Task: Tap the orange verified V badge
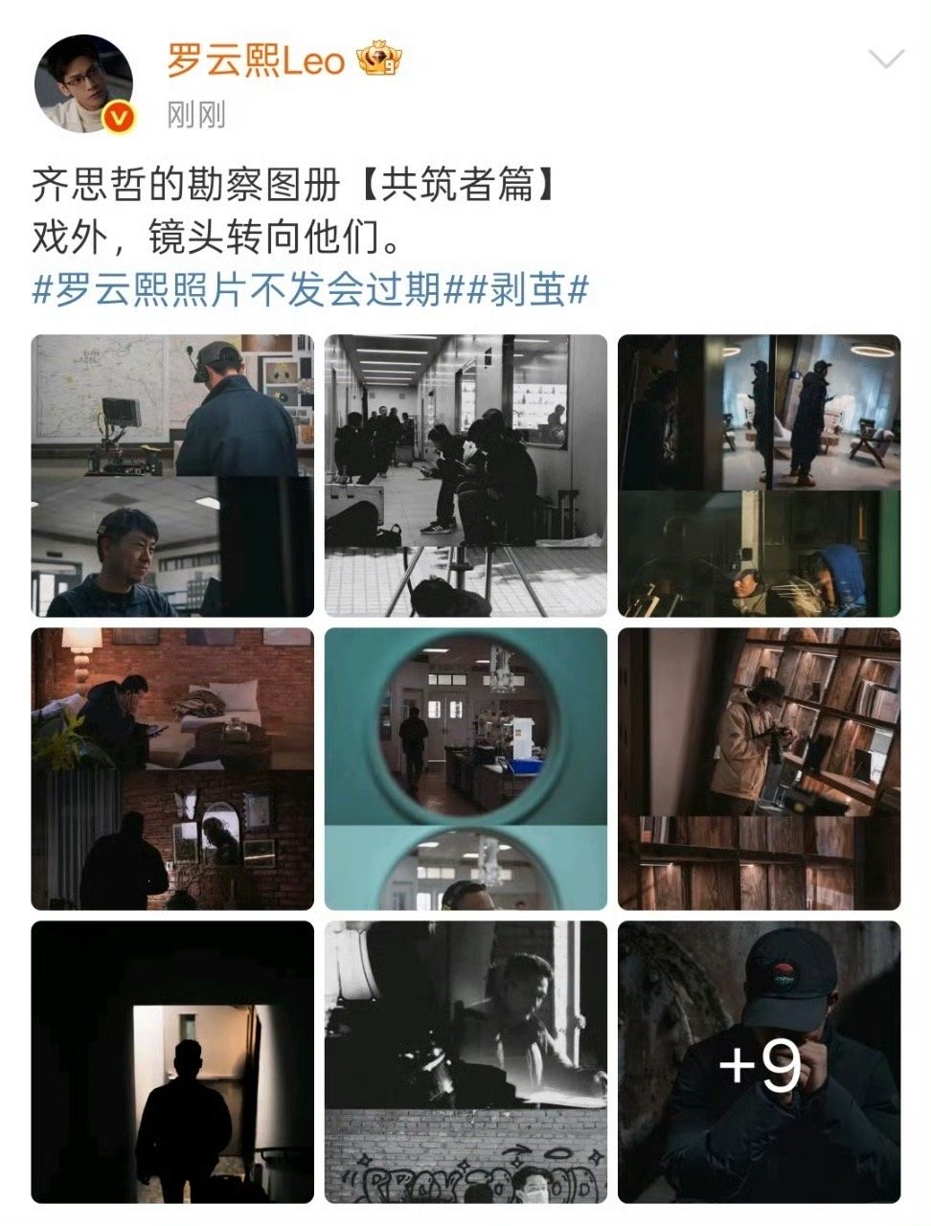[x=119, y=118]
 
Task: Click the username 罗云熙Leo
[x=256, y=62]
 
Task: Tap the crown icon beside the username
[x=379, y=62]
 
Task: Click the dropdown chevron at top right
[x=884, y=59]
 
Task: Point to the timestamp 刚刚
[x=196, y=116]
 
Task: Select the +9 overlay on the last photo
[x=759, y=1063]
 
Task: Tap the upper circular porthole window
[x=465, y=725]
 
